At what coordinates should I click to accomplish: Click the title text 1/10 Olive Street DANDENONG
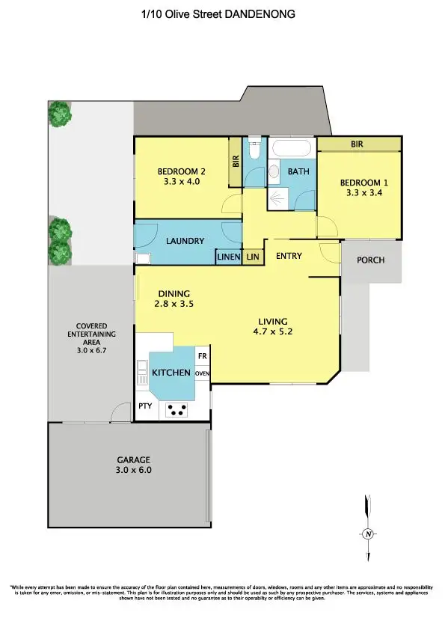(x=222, y=13)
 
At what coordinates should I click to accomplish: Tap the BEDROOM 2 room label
(x=182, y=171)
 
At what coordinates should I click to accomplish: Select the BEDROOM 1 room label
(x=363, y=183)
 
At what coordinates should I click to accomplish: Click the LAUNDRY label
(x=185, y=241)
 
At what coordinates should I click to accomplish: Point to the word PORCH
(x=372, y=260)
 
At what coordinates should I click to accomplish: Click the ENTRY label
(x=289, y=257)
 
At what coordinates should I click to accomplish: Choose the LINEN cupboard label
(x=228, y=257)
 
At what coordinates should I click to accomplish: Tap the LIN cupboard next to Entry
(x=253, y=257)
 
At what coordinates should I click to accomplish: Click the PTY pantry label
(x=145, y=406)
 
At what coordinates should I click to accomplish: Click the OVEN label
(x=202, y=373)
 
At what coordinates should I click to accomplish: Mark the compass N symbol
(x=367, y=533)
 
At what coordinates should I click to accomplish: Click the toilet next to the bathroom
(x=254, y=152)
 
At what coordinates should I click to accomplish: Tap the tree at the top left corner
(x=60, y=114)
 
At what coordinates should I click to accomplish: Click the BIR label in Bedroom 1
(x=357, y=144)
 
